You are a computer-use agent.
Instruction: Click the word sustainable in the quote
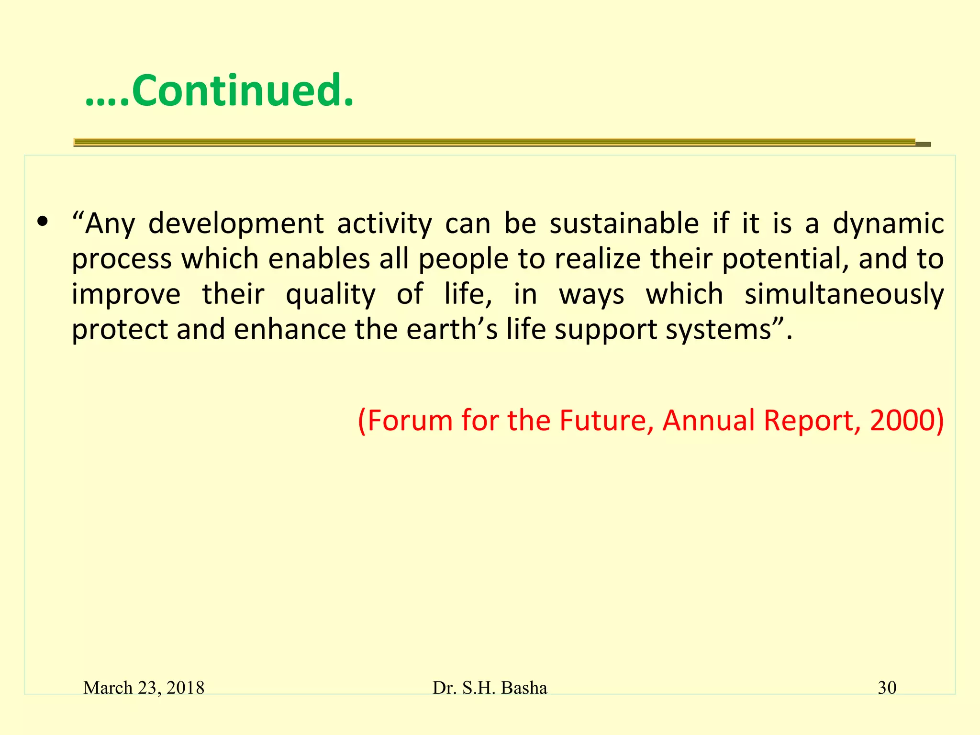(624, 224)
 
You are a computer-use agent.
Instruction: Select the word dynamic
(888, 224)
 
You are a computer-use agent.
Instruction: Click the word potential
(784, 259)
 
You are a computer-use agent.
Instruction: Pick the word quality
(330, 295)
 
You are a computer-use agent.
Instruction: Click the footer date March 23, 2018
(144, 688)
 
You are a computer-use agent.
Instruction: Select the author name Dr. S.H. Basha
(490, 688)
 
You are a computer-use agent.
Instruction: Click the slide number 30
(887, 688)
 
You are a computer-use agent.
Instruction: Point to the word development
(236, 224)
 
